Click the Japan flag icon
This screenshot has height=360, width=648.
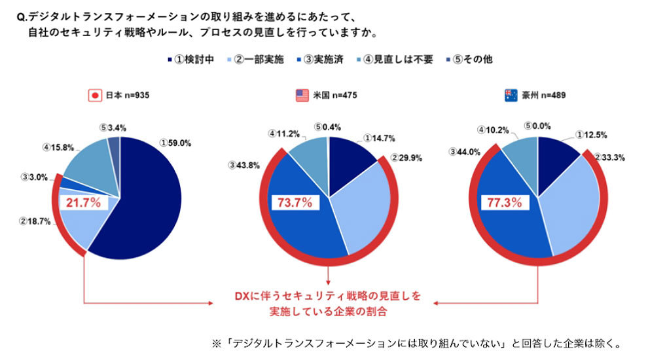[95, 96]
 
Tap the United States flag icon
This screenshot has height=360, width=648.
[301, 96]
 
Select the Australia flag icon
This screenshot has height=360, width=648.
[511, 96]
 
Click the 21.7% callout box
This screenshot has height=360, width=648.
[84, 203]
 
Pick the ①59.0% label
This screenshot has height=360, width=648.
[175, 142]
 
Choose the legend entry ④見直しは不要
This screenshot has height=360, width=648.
[398, 59]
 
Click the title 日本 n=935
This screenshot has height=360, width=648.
[128, 96]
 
